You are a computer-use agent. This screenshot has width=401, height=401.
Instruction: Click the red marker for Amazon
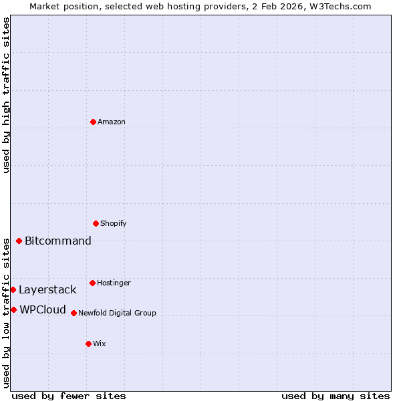click(93, 122)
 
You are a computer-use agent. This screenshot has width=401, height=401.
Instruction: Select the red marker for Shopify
click(96, 223)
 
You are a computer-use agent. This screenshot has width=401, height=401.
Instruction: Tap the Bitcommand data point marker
click(19, 241)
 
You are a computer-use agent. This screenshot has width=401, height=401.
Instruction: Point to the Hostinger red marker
click(92, 283)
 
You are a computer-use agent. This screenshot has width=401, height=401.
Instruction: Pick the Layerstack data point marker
click(13, 289)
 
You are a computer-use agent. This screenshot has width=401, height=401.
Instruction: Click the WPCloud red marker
click(13, 309)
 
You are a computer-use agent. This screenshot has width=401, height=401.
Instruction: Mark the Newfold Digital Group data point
click(74, 313)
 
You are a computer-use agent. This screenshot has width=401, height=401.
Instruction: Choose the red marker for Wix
click(88, 344)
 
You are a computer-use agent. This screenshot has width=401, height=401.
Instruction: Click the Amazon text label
click(112, 122)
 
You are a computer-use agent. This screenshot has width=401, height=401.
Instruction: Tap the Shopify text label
click(114, 223)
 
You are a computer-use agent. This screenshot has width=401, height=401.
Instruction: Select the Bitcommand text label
click(58, 241)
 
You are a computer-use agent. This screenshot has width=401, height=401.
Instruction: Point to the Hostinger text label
click(114, 283)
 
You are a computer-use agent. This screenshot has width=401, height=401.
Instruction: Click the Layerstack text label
click(47, 289)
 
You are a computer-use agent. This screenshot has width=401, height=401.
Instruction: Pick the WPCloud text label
click(43, 309)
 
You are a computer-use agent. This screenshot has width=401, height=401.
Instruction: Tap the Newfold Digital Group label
click(117, 313)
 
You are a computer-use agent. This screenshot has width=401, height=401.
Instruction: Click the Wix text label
click(99, 344)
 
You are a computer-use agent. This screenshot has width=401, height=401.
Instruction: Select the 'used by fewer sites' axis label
click(69, 396)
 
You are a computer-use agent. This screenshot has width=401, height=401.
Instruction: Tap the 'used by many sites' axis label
click(336, 396)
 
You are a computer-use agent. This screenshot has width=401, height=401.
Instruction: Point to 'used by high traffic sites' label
click(6, 95)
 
